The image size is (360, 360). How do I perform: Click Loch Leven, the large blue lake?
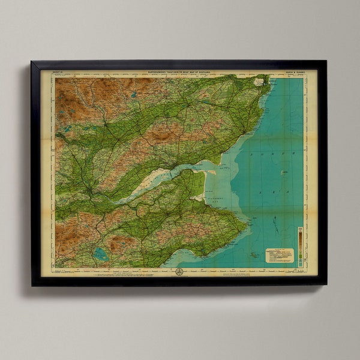click(101, 254)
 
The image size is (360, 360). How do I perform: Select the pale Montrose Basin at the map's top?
click(260, 80)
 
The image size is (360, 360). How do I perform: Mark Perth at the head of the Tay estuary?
click(90, 191)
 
